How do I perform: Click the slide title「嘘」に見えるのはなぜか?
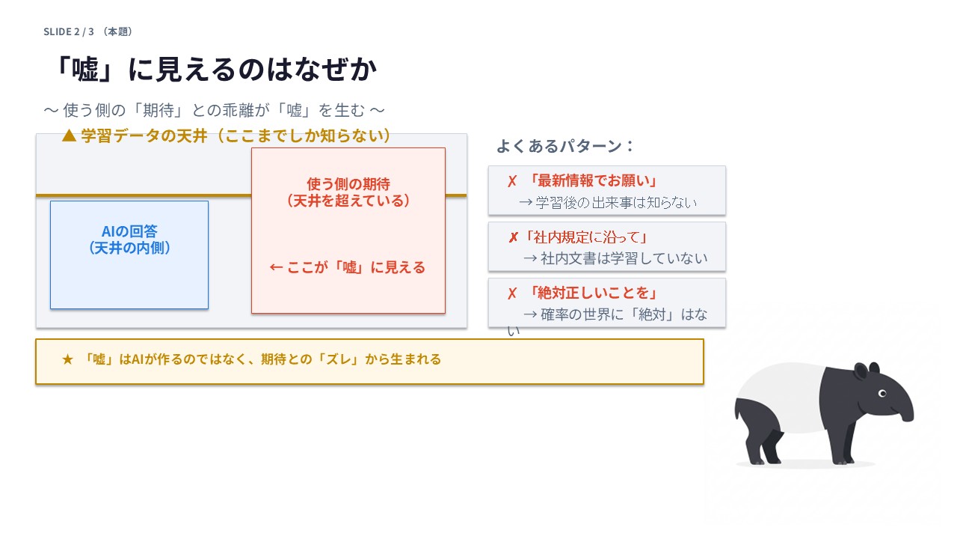(x=215, y=70)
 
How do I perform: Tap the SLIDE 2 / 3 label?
(x=68, y=31)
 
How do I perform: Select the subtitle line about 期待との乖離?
(x=215, y=110)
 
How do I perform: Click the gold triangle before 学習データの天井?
(x=69, y=135)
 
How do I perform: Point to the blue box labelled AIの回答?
(x=129, y=255)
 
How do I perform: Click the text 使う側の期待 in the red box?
(x=348, y=183)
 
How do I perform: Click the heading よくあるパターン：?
(x=565, y=146)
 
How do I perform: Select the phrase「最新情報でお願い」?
(x=592, y=181)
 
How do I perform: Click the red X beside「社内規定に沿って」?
(x=513, y=237)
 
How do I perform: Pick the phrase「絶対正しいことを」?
(x=592, y=293)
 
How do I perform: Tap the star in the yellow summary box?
(x=68, y=359)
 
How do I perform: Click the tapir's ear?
(x=861, y=371)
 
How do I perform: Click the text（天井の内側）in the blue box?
(x=129, y=247)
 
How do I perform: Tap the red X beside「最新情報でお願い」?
(x=512, y=181)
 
